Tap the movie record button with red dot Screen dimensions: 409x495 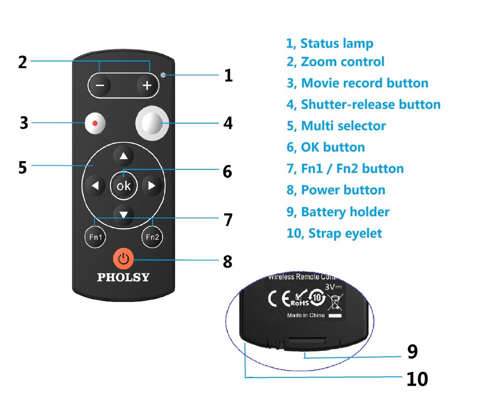coord(96,123)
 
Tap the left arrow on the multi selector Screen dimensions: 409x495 coord(95,186)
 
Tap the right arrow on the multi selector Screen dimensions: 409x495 coord(152,186)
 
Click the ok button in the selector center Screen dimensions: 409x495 coord(123,186)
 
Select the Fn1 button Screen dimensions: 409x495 coord(95,237)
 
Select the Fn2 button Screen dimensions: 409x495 coord(152,237)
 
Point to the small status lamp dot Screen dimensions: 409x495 coord(164,75)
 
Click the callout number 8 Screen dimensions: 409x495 coord(227,261)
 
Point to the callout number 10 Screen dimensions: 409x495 coord(417,379)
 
